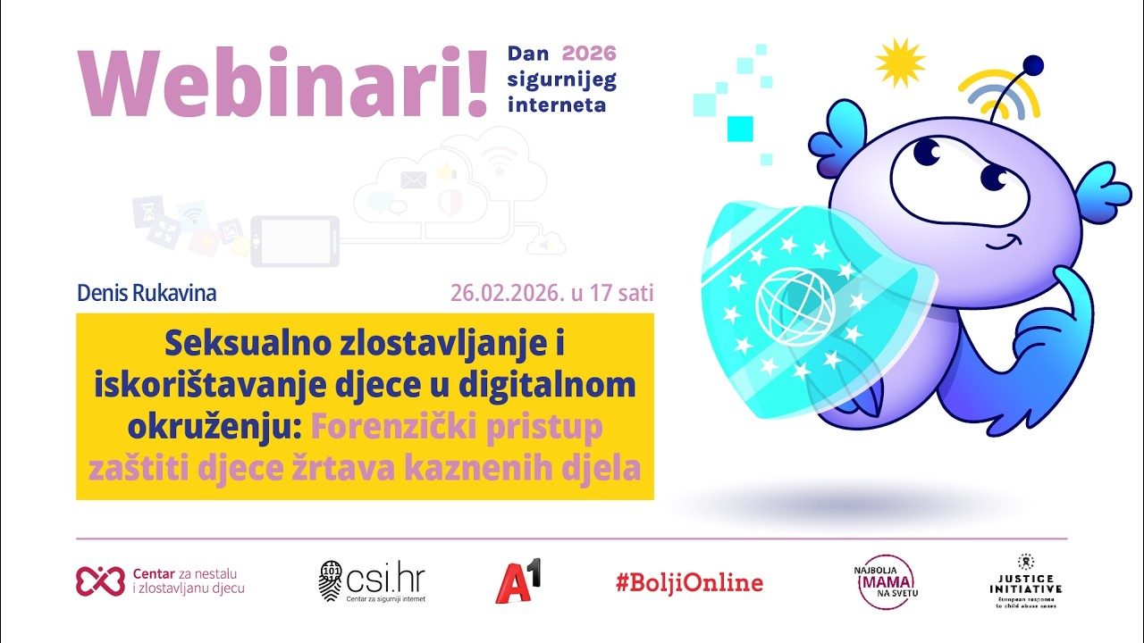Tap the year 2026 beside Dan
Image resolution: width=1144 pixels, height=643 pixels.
pos(589,54)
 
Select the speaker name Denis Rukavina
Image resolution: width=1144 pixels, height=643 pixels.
pos(147,293)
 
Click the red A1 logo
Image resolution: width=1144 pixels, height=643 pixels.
pos(518,581)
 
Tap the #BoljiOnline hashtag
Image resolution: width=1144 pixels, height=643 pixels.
pos(689,583)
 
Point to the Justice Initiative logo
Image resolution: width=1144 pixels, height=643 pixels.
pos(1025,581)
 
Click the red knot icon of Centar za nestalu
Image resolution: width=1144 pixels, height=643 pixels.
pos(99,581)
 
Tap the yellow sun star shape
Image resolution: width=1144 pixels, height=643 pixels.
pos(900,62)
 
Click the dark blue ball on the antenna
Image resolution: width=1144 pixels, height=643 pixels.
pos(1032,64)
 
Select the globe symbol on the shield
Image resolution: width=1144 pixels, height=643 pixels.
pos(783,305)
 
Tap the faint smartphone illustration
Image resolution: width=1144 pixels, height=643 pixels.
pos(294,241)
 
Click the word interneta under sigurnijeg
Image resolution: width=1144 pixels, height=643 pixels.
pos(556,104)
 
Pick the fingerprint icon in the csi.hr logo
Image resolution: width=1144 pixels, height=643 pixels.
pos(330,581)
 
